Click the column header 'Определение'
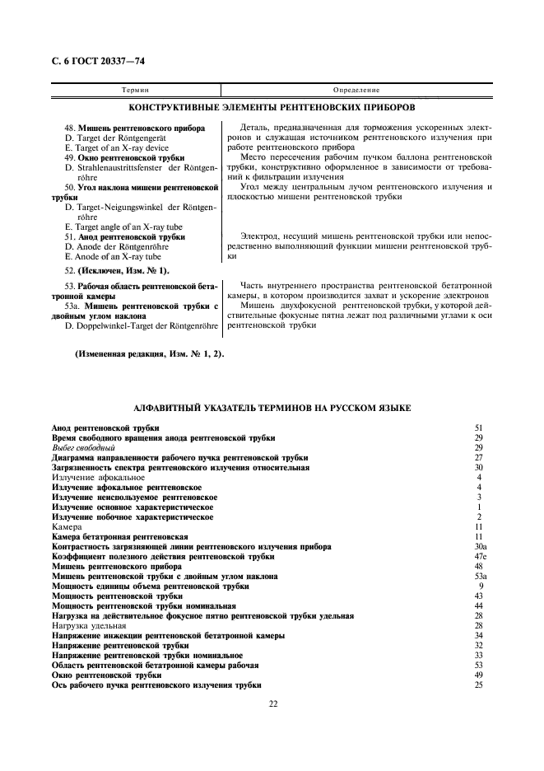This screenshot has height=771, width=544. (x=356, y=88)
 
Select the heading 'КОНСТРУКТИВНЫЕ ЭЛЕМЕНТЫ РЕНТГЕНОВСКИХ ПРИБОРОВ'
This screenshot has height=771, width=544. (x=272, y=107)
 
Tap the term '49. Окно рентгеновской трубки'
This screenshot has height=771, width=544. (x=123, y=157)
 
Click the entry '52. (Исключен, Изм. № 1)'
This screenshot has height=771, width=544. (x=116, y=270)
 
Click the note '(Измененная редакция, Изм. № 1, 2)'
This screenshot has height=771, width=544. (x=149, y=354)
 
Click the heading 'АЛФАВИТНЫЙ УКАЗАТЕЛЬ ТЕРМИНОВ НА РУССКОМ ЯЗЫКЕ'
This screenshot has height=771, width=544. (x=272, y=409)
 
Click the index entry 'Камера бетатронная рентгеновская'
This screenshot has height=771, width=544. (x=114, y=537)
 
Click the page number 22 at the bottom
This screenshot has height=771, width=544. (x=272, y=703)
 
